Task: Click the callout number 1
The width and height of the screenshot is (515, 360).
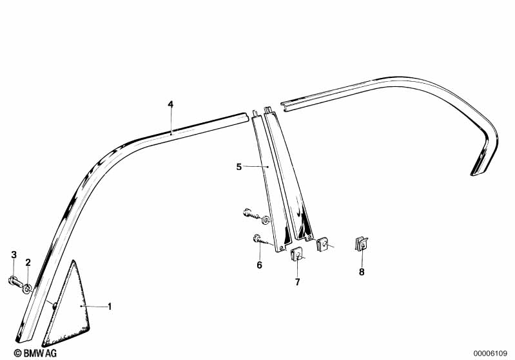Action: click(x=110, y=307)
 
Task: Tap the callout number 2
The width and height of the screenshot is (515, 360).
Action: click(x=28, y=262)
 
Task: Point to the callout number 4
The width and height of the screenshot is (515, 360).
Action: click(x=170, y=104)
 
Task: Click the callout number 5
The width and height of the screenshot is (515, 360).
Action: click(x=238, y=167)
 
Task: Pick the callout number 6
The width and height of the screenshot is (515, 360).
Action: click(x=259, y=264)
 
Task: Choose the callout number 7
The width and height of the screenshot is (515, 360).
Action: click(x=297, y=281)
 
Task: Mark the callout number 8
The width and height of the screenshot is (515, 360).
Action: click(x=362, y=272)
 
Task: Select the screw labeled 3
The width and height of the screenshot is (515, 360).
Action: click(x=15, y=281)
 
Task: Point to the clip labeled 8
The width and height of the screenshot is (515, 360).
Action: click(x=362, y=244)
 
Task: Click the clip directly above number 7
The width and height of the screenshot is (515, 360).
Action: click(x=297, y=254)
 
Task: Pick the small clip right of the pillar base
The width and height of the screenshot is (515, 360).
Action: click(x=324, y=243)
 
